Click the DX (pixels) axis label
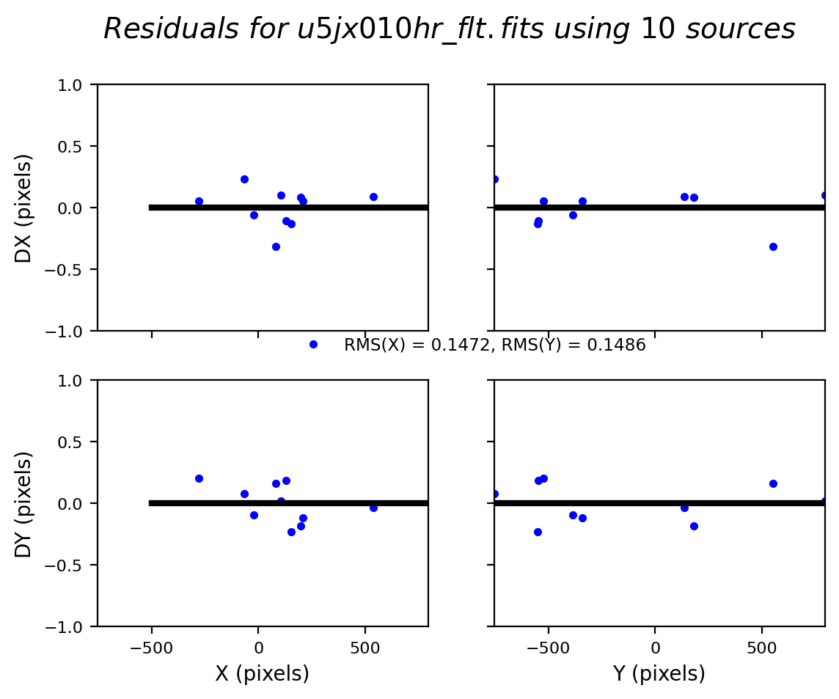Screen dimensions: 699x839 24,208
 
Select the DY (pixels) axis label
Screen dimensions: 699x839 24,504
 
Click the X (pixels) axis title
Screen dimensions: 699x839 262,673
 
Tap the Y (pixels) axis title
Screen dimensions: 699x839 659,673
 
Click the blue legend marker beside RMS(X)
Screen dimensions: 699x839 313,344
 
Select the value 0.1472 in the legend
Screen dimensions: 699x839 464,345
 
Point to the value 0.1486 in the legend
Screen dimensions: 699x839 620,345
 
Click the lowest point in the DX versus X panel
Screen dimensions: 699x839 276,246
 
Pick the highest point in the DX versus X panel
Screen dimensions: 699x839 244,179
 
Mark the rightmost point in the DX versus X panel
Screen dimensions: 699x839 373,197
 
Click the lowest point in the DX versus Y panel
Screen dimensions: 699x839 773,246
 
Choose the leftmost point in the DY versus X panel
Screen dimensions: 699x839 199,478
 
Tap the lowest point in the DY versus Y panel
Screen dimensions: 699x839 538,532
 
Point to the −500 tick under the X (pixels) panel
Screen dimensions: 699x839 151,648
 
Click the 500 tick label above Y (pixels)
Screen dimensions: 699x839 761,648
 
